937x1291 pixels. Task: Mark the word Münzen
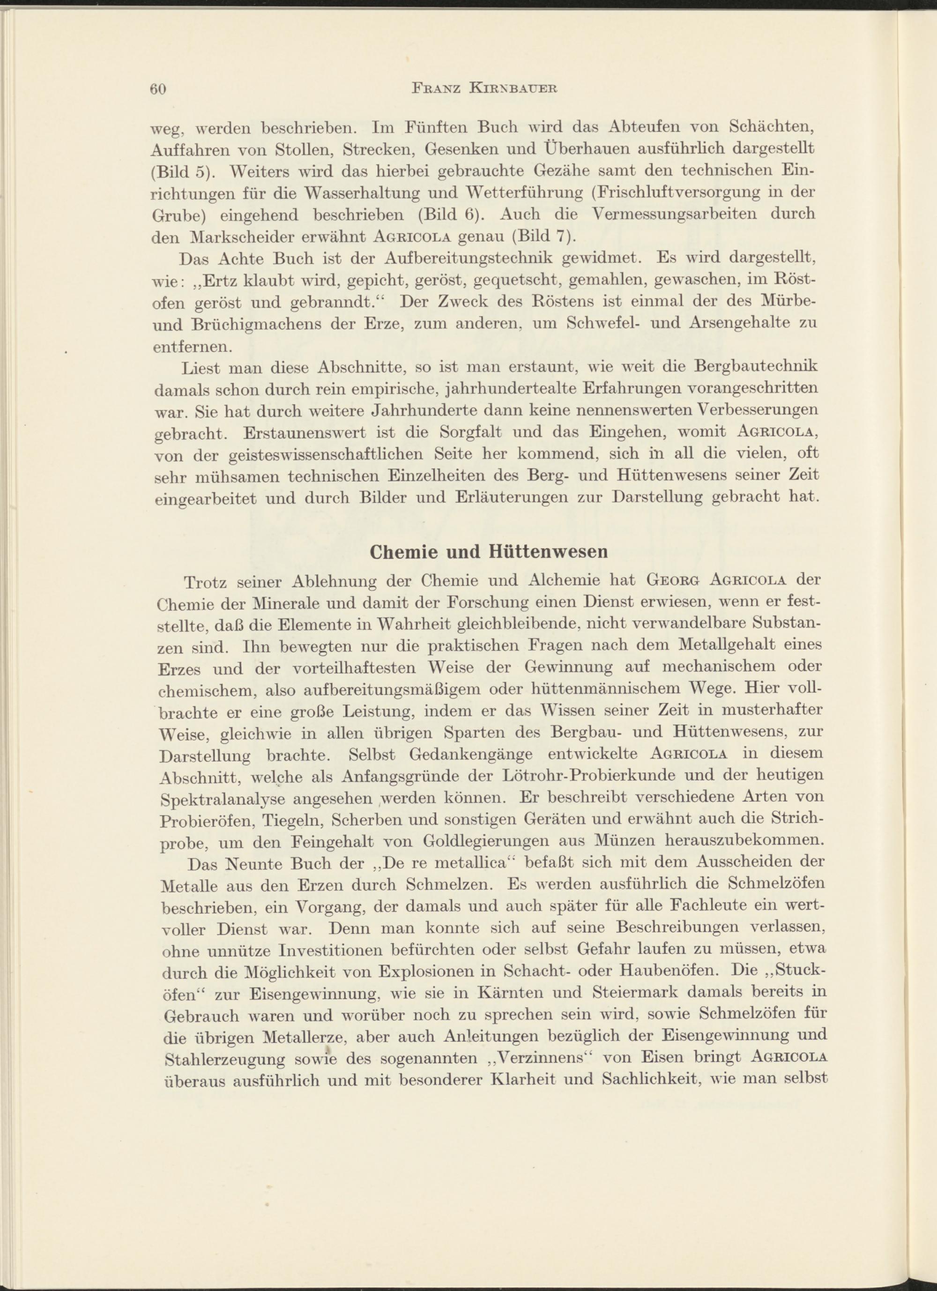pos(627,841)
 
